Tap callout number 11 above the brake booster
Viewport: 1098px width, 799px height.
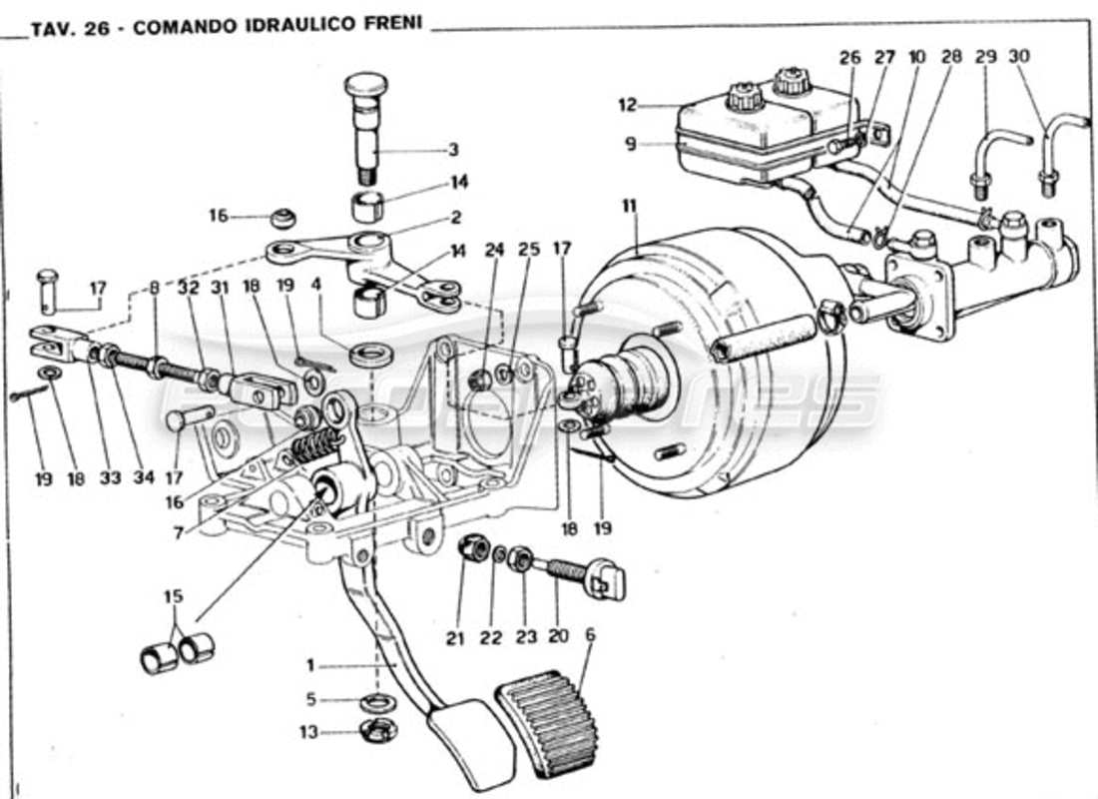pyautogui.click(x=629, y=206)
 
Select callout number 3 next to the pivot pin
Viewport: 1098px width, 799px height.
pyautogui.click(x=453, y=150)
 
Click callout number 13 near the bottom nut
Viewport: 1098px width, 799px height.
pyautogui.click(x=309, y=732)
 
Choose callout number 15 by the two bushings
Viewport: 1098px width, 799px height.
pyautogui.click(x=174, y=597)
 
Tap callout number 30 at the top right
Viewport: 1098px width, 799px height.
pyautogui.click(x=1018, y=57)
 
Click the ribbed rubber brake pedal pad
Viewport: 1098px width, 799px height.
pyautogui.click(x=546, y=721)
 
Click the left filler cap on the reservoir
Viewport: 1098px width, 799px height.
pyautogui.click(x=745, y=97)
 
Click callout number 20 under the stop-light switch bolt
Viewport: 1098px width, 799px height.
pyautogui.click(x=556, y=637)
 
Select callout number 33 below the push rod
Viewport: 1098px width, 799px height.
pyautogui.click(x=110, y=478)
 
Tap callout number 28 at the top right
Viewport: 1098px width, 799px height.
pyautogui.click(x=951, y=57)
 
